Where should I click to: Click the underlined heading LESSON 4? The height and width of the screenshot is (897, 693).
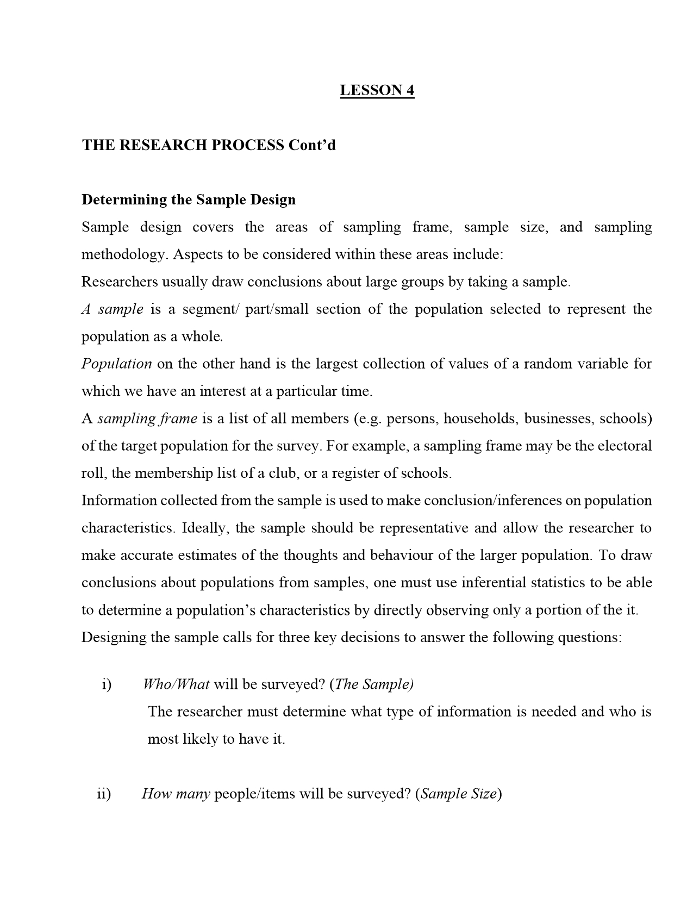point(377,90)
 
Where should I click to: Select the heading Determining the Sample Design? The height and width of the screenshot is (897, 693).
point(189,200)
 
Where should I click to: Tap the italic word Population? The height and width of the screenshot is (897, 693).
point(116,364)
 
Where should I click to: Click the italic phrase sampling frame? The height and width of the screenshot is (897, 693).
point(147,419)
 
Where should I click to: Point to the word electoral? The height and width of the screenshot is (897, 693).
point(625,446)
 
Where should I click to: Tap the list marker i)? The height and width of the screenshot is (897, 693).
point(107,684)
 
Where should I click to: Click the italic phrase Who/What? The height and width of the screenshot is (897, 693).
point(176,684)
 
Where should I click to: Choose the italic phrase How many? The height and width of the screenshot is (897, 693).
point(176,794)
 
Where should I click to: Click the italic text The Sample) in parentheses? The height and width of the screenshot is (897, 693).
point(374,684)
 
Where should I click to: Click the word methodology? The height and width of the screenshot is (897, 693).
point(122,254)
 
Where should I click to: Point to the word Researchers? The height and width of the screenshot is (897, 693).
point(117,282)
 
